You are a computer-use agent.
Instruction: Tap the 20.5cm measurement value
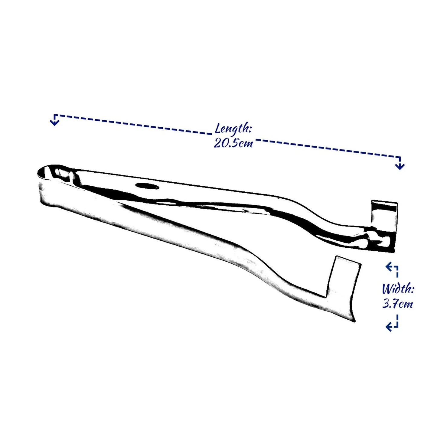click(233, 143)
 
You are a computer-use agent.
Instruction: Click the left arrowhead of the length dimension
click(54, 122)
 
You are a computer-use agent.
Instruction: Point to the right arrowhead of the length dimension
click(399, 166)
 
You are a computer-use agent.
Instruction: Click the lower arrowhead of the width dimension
click(389, 327)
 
